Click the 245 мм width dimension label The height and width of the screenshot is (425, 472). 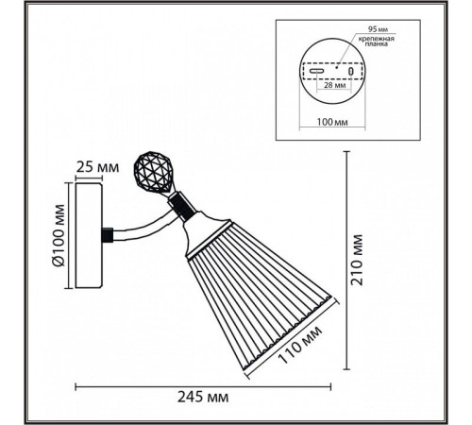(x=203, y=397)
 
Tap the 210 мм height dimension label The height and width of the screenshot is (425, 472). (x=357, y=260)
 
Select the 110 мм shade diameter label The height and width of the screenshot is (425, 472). (x=300, y=344)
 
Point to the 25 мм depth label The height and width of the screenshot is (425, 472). (x=98, y=167)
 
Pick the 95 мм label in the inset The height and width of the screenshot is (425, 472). (x=378, y=29)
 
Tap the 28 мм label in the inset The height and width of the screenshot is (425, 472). (x=334, y=85)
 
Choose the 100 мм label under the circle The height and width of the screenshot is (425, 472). (x=332, y=122)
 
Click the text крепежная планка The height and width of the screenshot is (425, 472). (x=377, y=42)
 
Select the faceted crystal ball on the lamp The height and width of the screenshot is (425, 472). (x=153, y=172)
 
